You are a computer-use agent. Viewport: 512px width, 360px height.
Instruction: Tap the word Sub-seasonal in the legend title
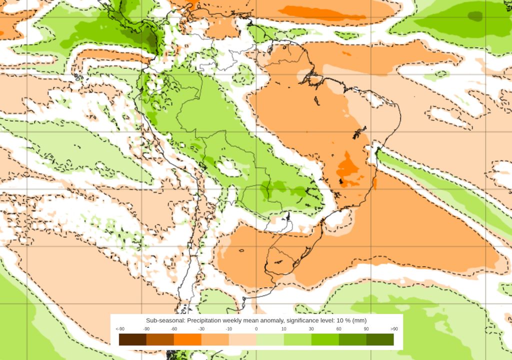click(165, 320)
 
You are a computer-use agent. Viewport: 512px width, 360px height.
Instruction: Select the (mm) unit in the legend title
click(360, 320)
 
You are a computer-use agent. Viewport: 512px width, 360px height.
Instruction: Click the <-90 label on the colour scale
click(120, 329)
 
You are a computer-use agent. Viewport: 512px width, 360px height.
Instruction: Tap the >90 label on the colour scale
click(394, 329)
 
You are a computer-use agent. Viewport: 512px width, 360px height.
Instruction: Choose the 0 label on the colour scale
click(256, 329)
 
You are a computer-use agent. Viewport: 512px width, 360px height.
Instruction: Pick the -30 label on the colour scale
click(201, 329)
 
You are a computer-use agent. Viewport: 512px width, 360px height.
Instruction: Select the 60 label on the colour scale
click(338, 329)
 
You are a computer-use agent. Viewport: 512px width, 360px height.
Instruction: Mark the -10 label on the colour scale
click(229, 329)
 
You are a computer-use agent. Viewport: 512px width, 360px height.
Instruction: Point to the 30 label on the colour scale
click(311, 329)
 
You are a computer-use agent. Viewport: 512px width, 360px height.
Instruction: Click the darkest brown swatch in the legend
click(132, 339)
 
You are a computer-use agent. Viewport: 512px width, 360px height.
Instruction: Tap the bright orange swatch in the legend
click(187, 339)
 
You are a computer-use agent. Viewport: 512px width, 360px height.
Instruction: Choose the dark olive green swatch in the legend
click(380, 339)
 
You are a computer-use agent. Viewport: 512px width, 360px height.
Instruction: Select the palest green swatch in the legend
click(270, 339)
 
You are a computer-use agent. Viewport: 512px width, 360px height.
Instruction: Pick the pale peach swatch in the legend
click(242, 339)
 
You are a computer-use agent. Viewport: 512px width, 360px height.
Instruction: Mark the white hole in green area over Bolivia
click(228, 167)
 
